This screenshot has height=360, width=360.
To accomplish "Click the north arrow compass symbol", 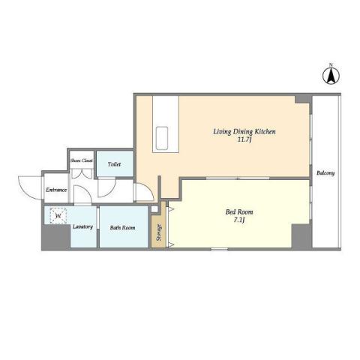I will (328, 76).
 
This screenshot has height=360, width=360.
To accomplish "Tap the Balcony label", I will (325, 173).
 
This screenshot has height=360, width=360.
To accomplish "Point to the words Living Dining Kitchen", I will (244, 131).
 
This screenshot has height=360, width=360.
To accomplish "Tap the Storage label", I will (158, 233).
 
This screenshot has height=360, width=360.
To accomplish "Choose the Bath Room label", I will (123, 227).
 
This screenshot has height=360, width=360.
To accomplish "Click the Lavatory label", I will (82, 227).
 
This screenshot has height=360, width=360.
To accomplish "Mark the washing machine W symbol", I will (57, 217).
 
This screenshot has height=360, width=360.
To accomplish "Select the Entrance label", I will (56, 190).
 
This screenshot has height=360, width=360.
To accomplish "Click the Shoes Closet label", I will (81, 160).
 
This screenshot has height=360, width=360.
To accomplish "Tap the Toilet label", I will (114, 164).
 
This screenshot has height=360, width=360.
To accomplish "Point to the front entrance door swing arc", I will (28, 188).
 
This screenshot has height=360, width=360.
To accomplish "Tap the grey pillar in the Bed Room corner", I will (301, 239).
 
